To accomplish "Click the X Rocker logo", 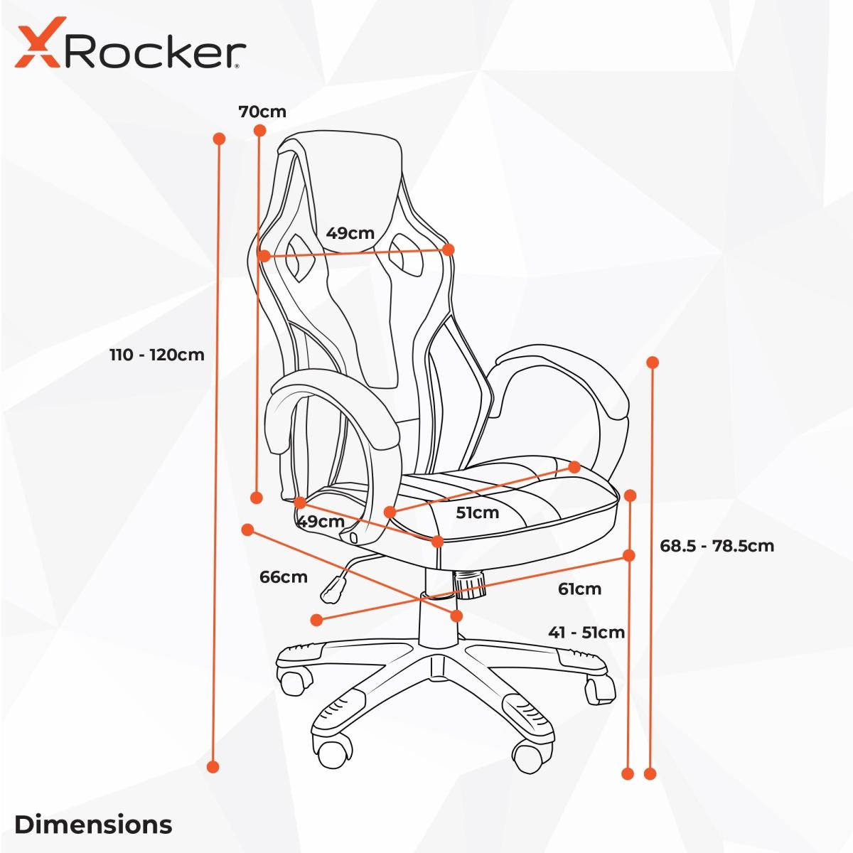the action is (130, 43).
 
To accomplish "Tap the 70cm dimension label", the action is (262, 112).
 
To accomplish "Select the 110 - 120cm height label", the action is (157, 355).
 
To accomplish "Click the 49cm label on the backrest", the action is (350, 233).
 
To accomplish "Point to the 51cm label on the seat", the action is (478, 513).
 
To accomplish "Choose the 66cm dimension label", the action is (284, 577).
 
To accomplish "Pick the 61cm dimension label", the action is (579, 589).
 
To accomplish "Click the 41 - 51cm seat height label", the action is (586, 633).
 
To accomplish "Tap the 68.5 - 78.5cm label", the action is (717, 546).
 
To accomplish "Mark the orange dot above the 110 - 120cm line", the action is (219, 139).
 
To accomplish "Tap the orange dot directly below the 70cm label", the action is (260, 131).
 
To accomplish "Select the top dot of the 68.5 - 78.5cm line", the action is (653, 363).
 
